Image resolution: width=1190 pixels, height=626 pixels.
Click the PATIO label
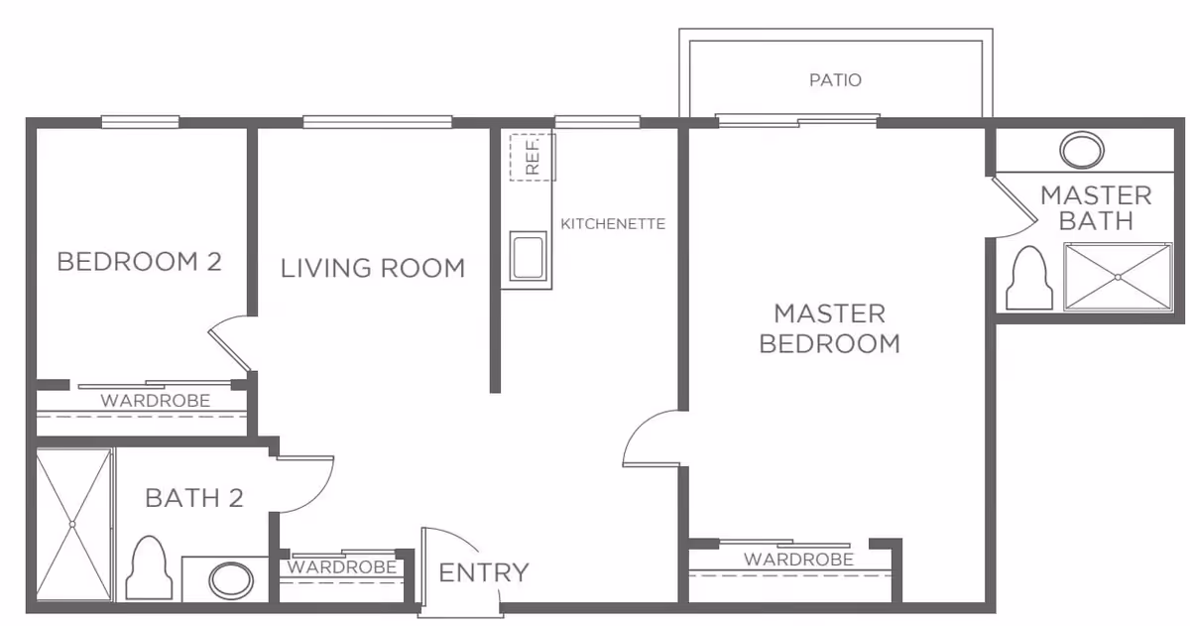(x=834, y=79)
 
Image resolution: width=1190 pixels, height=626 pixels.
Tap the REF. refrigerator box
(x=532, y=156)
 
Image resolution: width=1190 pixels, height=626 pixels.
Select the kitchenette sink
(x=526, y=257)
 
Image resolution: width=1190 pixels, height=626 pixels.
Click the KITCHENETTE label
(x=613, y=223)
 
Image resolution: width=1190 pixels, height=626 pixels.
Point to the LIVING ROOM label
(x=372, y=268)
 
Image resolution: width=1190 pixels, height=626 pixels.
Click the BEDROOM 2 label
(x=139, y=262)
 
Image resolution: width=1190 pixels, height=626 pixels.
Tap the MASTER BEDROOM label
(x=829, y=328)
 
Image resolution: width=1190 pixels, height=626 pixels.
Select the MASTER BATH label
(x=1096, y=207)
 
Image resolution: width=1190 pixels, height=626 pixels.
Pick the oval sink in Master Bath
(x=1081, y=151)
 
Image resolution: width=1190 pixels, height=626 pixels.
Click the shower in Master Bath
(x=1118, y=278)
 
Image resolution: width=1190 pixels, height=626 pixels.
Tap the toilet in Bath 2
(x=148, y=569)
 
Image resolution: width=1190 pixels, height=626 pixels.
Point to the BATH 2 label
(x=194, y=497)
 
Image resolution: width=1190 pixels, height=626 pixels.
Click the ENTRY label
(x=483, y=572)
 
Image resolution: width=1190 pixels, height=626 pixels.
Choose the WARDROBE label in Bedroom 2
(x=156, y=402)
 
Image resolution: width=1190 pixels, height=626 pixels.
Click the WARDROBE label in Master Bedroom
(x=798, y=560)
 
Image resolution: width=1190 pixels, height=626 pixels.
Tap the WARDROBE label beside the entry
(x=342, y=567)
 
